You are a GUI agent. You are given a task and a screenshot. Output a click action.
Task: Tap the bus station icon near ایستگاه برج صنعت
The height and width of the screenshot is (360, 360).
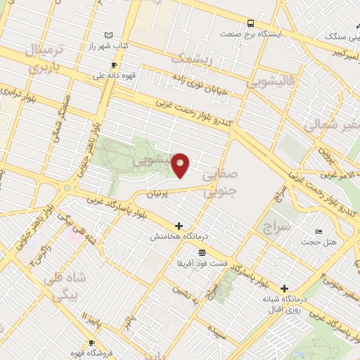coord(252,23)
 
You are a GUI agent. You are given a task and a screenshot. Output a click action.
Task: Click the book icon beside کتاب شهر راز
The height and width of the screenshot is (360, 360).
coord(108,34)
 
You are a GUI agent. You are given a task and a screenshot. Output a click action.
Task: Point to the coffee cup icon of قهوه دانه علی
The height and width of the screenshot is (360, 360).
coord(114,65)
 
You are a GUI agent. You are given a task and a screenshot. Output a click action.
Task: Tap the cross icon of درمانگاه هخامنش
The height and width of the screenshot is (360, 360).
coord(179,226)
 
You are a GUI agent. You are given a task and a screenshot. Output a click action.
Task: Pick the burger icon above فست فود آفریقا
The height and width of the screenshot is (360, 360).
coord(202,252)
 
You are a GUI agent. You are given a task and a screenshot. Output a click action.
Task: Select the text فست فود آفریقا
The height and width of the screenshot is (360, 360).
coord(202,262)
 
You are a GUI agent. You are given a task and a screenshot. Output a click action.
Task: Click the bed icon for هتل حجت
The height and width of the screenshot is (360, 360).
coord(319,231)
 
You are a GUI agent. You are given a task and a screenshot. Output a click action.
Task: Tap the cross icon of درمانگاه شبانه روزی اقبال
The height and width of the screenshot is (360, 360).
coord(284,288)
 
